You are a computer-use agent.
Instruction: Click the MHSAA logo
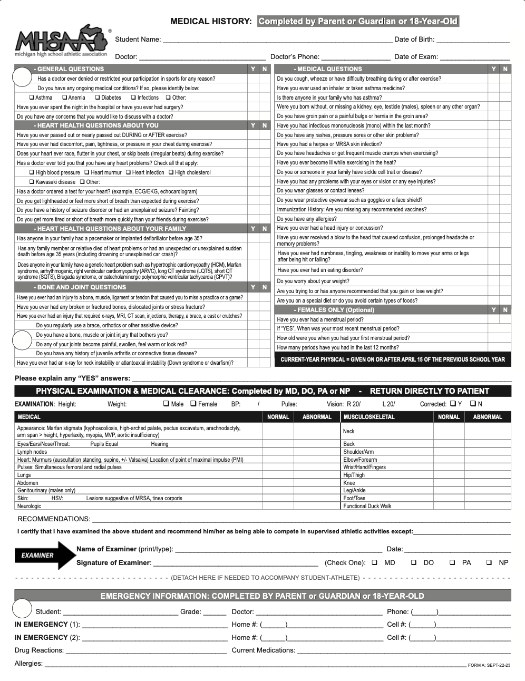[61, 41]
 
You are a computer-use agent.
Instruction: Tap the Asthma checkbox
[32, 98]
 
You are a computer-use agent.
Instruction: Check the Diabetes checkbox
[98, 98]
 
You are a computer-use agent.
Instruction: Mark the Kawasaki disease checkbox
[32, 182]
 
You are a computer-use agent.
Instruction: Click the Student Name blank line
[277, 40]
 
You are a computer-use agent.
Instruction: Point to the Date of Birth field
[473, 40]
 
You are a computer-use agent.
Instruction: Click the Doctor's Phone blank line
[356, 57]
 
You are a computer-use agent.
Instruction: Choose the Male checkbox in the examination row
[167, 404]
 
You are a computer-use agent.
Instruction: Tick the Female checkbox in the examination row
[193, 404]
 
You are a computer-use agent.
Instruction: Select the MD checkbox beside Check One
[375, 562]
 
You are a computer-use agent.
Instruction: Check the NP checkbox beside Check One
[489, 562]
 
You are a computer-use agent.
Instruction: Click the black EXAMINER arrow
[45, 555]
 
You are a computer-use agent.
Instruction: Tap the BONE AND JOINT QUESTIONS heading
[81, 287]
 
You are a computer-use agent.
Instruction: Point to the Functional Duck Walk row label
[367, 506]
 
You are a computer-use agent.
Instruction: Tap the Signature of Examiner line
[235, 563]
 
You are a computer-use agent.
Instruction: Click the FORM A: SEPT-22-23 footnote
[489, 665]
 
